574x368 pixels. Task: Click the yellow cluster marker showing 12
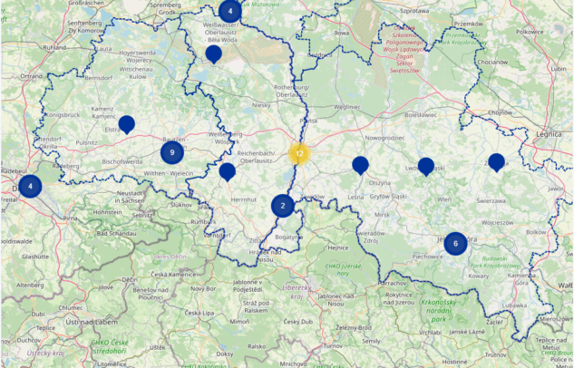click(299, 153)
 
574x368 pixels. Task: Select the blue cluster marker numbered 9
click(172, 153)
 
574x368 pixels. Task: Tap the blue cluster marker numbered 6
click(455, 243)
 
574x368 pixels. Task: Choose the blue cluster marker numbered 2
click(283, 206)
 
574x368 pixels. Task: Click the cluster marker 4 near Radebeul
click(30, 187)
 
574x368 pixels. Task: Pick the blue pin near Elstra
click(127, 125)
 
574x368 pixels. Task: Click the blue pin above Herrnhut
click(228, 172)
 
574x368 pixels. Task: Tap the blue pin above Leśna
click(360, 165)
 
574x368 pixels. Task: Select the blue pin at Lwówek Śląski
click(426, 167)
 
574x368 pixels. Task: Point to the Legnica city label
click(550, 133)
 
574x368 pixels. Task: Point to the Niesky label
click(262, 105)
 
